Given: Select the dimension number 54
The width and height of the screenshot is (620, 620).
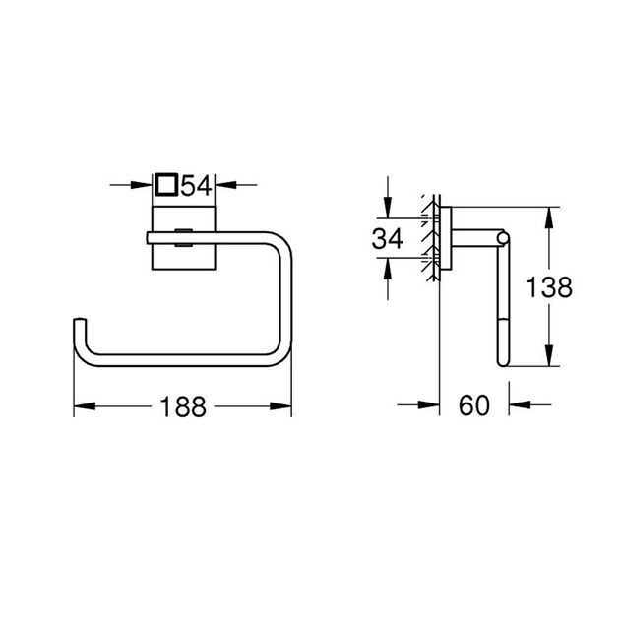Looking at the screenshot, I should click(x=195, y=184).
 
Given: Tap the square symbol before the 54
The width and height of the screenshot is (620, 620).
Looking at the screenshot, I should click(x=166, y=184).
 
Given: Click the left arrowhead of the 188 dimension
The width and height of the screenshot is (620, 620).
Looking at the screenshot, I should click(x=82, y=405).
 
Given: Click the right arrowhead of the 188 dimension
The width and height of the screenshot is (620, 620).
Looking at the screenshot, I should click(x=285, y=405).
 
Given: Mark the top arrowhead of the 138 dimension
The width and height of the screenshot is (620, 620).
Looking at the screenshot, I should click(x=548, y=215).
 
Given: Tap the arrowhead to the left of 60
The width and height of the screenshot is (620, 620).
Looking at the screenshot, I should click(x=430, y=405).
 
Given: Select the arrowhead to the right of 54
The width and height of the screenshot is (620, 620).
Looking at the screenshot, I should click(x=223, y=184).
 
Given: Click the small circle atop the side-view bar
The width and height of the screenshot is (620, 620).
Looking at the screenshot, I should click(x=505, y=237).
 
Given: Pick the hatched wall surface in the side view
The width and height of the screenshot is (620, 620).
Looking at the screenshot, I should click(x=431, y=237).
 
